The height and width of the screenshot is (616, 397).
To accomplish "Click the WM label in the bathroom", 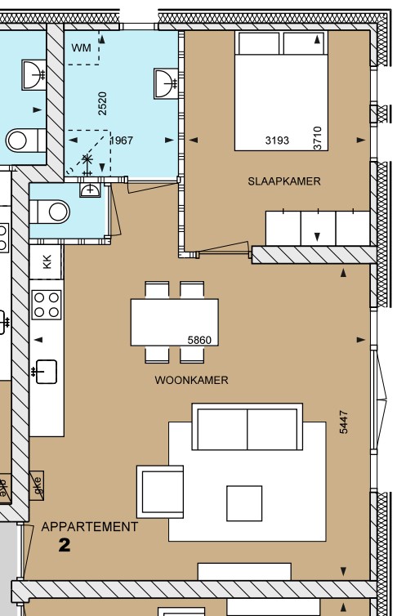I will (x=81, y=48).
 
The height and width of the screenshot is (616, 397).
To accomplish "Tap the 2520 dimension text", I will (x=102, y=103).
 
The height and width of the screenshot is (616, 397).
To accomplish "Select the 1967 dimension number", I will (x=121, y=141).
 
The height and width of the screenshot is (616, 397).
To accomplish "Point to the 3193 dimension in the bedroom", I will (x=277, y=141).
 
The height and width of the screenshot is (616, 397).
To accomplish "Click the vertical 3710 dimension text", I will (x=318, y=137).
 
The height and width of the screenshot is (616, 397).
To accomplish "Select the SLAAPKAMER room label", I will (x=284, y=181).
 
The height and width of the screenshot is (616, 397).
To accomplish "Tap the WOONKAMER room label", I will (x=191, y=380).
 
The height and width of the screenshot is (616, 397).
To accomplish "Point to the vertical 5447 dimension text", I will (x=343, y=421).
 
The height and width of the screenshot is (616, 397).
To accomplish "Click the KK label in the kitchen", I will (x=47, y=262).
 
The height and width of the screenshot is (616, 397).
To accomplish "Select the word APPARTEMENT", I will (x=90, y=527).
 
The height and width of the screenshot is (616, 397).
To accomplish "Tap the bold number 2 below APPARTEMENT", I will (x=65, y=546).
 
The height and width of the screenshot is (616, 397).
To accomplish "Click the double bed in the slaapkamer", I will (x=281, y=90).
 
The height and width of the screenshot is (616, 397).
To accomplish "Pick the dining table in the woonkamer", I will (x=174, y=322).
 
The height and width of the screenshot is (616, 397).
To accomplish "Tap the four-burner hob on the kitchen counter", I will (x=47, y=305).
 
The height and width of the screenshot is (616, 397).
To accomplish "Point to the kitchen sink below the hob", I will (x=45, y=372).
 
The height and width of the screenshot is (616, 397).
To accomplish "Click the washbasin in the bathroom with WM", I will (x=163, y=83).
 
